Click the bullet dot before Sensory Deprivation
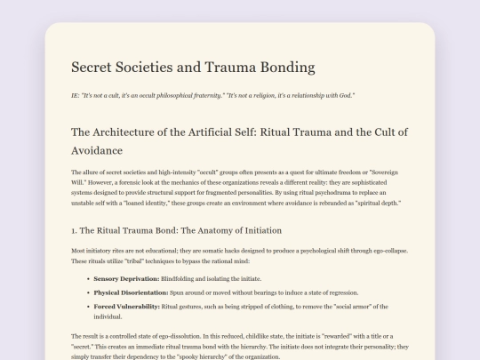click(85, 278)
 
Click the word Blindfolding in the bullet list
click(183, 278)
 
